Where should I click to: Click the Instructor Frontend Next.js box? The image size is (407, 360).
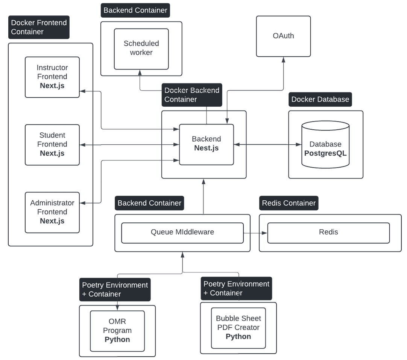tap(52, 77)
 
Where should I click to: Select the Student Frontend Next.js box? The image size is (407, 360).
tap(52, 145)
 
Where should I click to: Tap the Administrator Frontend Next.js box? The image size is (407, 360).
tap(52, 212)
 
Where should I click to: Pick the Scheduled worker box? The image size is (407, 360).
tap(141, 49)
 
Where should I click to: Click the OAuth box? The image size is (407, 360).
tap(283, 36)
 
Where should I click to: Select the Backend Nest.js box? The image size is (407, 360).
tap(206, 144)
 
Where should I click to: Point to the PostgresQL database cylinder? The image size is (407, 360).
tap(325, 145)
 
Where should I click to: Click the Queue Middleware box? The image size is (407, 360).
tap(182, 233)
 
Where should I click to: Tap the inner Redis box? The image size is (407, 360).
tap(328, 233)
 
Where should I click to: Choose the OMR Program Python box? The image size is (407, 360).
tap(117, 331)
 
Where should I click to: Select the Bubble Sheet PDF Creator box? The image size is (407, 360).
tap(238, 328)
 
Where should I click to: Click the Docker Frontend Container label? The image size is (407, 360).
tap(39, 27)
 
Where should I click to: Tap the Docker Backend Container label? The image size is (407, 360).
tap(192, 95)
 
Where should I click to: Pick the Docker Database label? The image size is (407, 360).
tap(320, 100)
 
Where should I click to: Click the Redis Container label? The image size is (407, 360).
tap(289, 203)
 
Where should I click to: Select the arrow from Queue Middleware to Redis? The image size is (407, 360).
tap(255, 233)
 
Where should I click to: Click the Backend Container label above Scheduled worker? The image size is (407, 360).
tap(135, 11)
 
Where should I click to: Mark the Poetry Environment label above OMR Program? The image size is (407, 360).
tap(115, 289)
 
